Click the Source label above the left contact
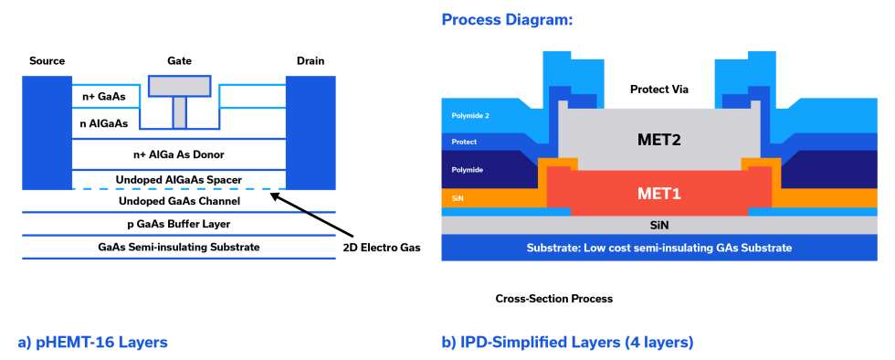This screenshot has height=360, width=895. (47, 60)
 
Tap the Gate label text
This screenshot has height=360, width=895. (179, 60)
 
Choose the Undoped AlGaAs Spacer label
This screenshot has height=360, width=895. (179, 178)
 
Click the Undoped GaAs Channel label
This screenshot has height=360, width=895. (179, 200)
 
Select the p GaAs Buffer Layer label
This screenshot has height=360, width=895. (179, 224)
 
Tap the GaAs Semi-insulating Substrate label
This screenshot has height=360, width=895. (179, 247)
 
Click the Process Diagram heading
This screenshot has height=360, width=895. (507, 18)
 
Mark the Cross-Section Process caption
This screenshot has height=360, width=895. (553, 299)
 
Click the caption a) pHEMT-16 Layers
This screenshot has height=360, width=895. (92, 343)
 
